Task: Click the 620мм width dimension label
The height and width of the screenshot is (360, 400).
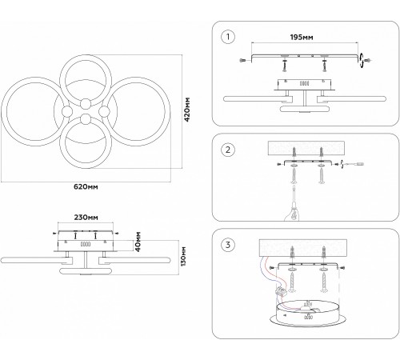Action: (x=86, y=186)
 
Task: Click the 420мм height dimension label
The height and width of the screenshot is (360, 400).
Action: (x=187, y=110)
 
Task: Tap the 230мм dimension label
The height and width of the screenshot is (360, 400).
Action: (x=86, y=218)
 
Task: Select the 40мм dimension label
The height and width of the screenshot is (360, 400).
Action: (x=138, y=242)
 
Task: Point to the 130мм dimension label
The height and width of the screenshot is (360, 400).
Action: (x=183, y=257)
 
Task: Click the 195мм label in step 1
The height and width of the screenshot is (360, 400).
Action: (x=302, y=37)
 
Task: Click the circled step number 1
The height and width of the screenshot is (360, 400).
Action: (x=228, y=37)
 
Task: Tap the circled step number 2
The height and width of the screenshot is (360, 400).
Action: (x=228, y=150)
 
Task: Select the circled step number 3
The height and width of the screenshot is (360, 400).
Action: (x=228, y=245)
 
